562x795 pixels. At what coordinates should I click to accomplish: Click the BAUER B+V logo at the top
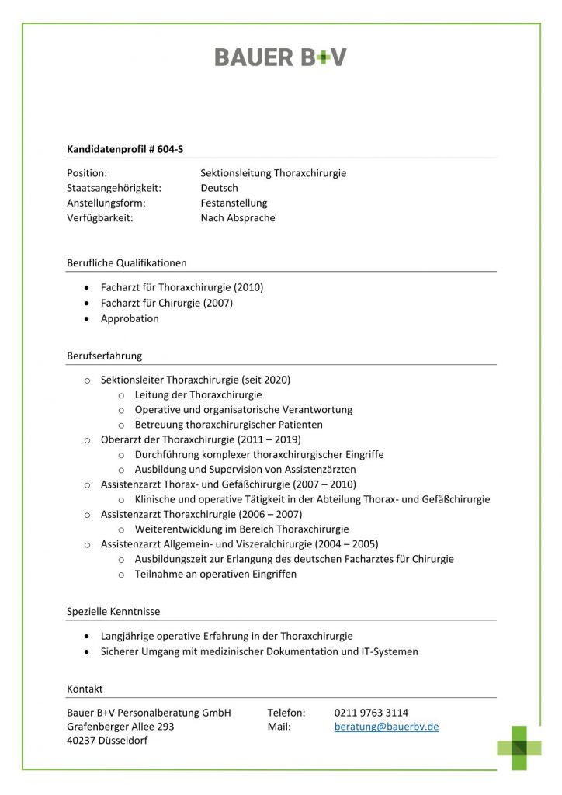click(x=280, y=57)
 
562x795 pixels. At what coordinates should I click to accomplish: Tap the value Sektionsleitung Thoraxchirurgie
click(x=273, y=173)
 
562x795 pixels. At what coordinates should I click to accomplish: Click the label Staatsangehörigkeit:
click(x=113, y=188)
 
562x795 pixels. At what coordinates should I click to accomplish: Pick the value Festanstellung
click(x=234, y=203)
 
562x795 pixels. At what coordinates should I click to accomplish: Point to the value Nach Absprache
click(x=238, y=218)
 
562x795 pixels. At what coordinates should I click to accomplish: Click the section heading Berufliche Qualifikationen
click(x=127, y=262)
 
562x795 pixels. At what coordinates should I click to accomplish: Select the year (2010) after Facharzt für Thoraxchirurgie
click(x=248, y=287)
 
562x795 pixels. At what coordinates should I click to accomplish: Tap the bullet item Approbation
click(x=130, y=318)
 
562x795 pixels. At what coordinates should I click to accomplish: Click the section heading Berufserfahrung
click(x=104, y=356)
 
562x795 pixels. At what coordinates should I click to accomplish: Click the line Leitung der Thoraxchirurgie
click(x=198, y=394)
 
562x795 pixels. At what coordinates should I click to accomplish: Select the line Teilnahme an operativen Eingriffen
click(x=215, y=575)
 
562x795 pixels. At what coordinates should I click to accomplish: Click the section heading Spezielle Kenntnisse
click(x=113, y=612)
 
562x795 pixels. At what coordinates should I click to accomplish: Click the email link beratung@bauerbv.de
click(x=387, y=727)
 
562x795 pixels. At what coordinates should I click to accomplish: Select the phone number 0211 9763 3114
click(x=371, y=712)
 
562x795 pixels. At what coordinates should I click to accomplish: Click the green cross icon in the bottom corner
click(x=519, y=747)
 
